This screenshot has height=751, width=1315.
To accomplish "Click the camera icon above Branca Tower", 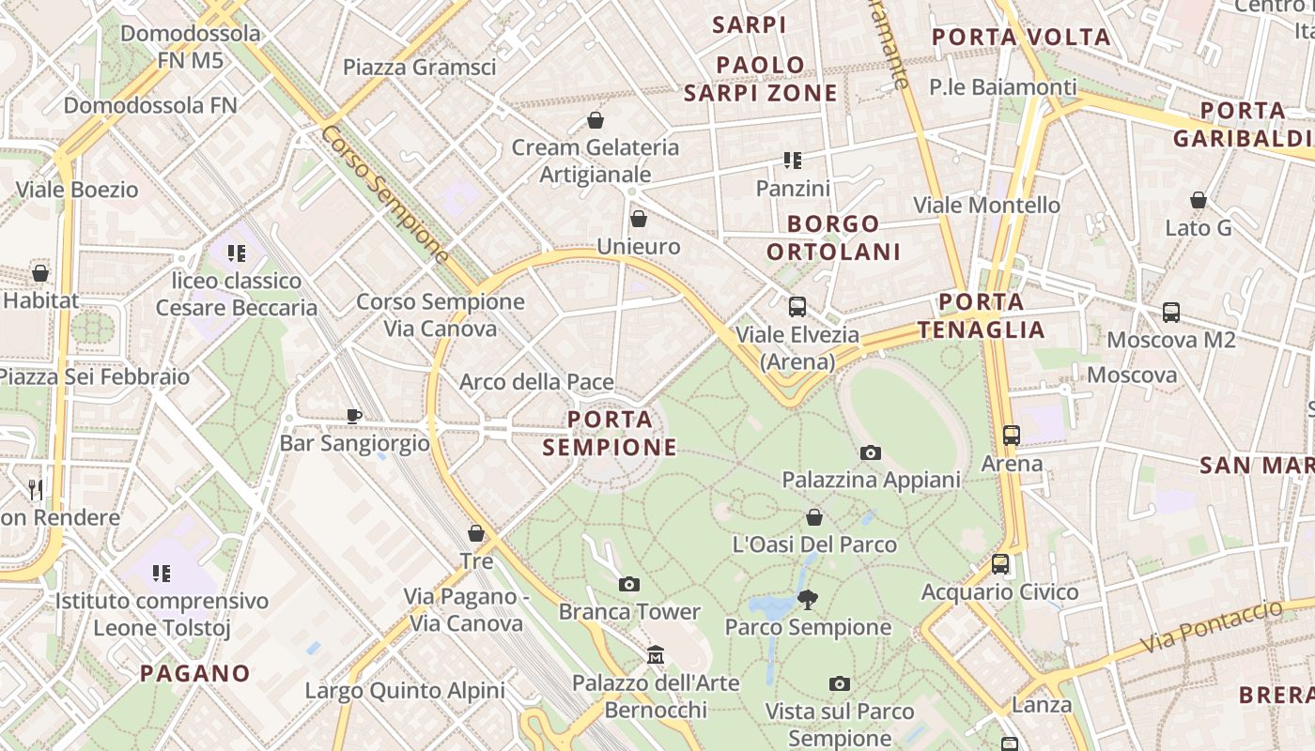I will click(629, 585).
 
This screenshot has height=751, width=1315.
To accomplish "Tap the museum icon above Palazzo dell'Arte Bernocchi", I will click(657, 653).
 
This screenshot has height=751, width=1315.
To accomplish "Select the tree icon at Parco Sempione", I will click(807, 599).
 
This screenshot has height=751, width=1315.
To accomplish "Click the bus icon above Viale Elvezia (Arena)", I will click(797, 306).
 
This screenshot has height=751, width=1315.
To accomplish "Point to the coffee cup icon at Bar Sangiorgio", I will click(354, 416).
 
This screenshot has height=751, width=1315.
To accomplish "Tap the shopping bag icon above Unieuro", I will click(639, 220).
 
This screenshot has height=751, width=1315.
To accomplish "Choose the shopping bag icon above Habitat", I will click(40, 273).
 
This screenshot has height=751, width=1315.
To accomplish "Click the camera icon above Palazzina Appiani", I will click(871, 452).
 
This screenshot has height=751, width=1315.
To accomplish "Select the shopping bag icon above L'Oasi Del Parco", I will click(814, 517).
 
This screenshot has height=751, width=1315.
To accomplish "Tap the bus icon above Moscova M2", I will click(1171, 313).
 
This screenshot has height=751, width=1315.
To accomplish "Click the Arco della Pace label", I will click(536, 382).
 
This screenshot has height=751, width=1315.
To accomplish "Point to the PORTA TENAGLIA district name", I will click(982, 315).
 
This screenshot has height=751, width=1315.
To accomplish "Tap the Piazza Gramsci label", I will click(419, 67).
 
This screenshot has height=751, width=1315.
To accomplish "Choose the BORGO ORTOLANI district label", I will click(833, 238).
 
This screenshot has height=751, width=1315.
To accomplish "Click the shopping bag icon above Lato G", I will click(1199, 200).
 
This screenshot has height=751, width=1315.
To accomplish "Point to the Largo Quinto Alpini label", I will click(405, 691).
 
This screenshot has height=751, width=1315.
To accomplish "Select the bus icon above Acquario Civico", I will click(1000, 564).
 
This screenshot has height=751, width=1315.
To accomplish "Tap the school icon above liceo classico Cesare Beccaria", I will click(237, 253).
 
